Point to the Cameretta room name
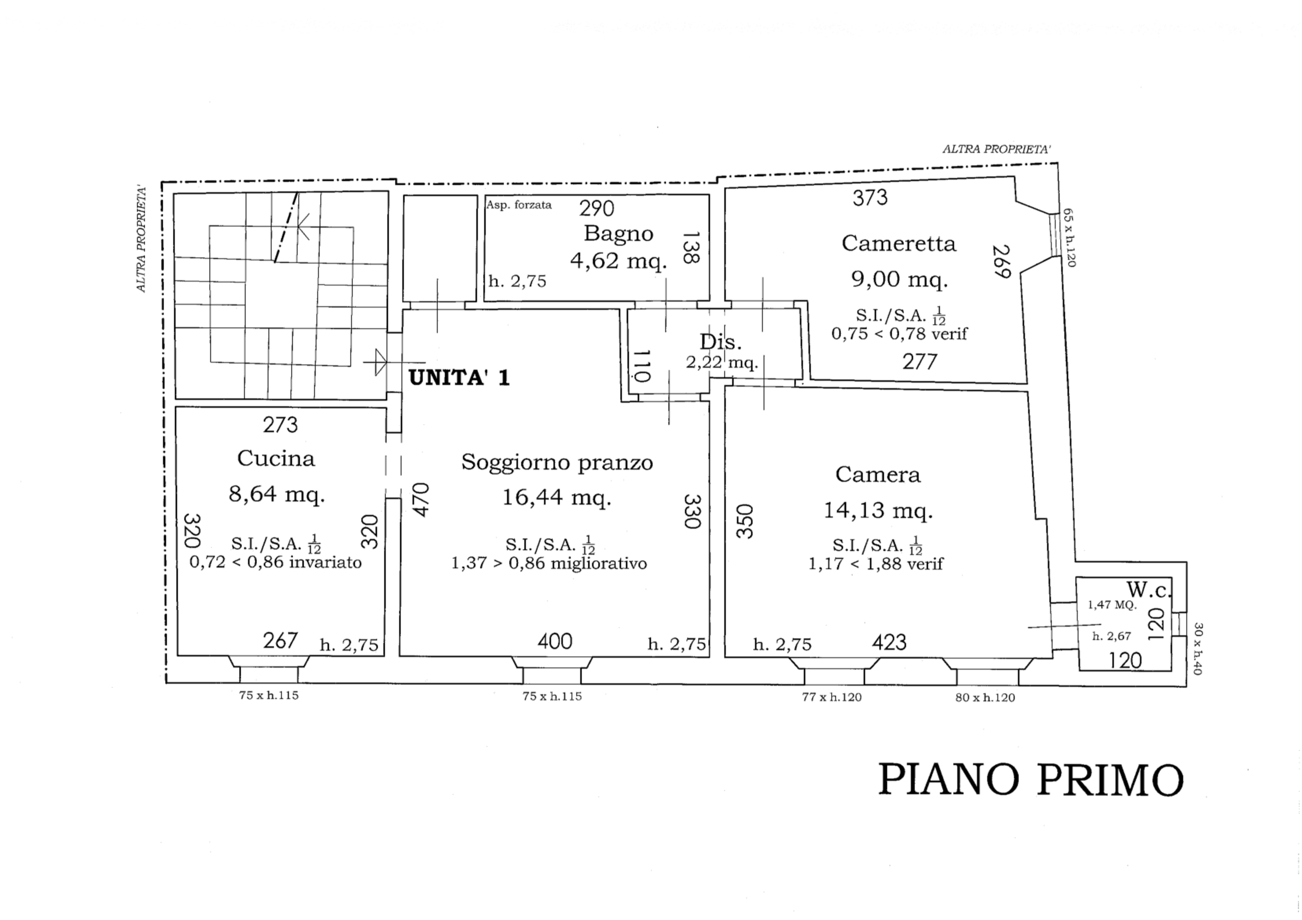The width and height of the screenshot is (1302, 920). click(x=898, y=244)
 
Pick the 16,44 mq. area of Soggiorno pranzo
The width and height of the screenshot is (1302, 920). click(x=556, y=498)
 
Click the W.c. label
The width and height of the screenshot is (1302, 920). click(x=1148, y=590)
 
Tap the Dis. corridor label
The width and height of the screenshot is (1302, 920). click(x=720, y=342)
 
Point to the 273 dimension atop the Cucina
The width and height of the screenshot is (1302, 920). click(x=280, y=424)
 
